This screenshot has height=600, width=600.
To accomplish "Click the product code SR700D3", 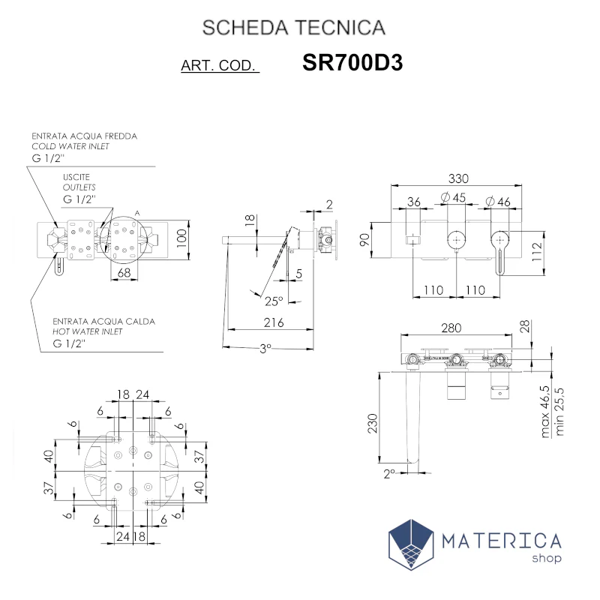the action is [352, 62].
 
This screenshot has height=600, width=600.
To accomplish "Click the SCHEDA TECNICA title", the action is [294, 28].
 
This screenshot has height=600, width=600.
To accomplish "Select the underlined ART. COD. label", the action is [220, 65].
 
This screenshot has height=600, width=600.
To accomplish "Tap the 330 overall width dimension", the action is [458, 178].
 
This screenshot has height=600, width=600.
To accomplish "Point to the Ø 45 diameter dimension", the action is [454, 197].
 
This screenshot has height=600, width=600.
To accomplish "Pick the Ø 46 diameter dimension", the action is [498, 202].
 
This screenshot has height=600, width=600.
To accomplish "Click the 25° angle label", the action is [274, 301].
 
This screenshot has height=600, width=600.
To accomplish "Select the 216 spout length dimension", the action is [274, 322].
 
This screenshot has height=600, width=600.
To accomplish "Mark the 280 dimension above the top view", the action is [451, 328].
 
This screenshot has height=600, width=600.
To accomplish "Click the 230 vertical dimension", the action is [372, 423].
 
